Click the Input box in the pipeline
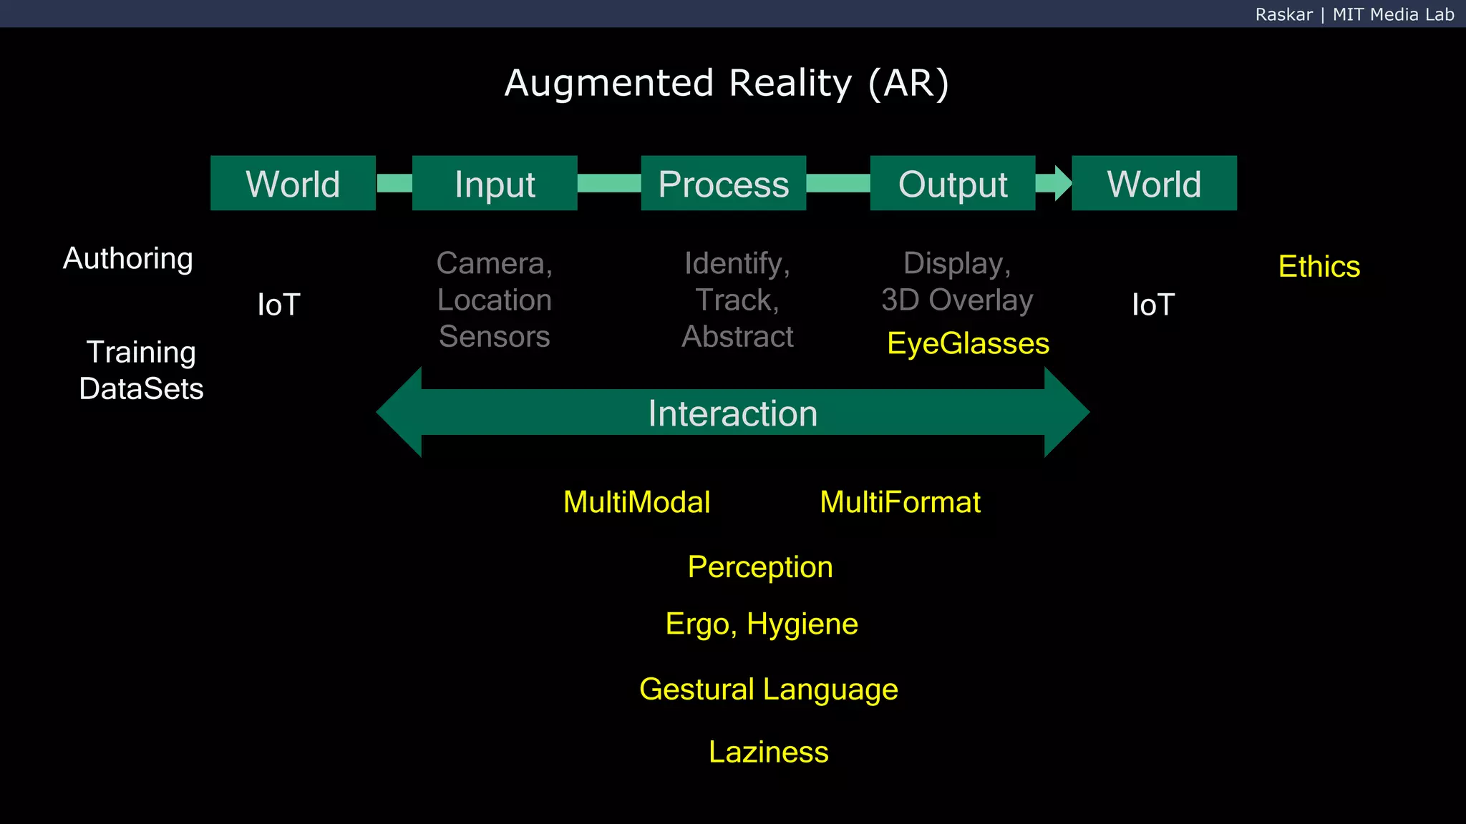click(x=495, y=183)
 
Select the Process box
click(x=723, y=183)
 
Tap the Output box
click(x=952, y=183)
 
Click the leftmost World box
click(x=293, y=183)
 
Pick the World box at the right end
click(x=1154, y=183)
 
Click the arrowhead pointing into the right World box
click(x=1062, y=183)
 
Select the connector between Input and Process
click(x=608, y=183)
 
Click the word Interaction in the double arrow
click(x=732, y=413)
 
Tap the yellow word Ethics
click(x=1319, y=267)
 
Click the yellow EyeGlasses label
click(x=968, y=343)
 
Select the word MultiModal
click(x=636, y=502)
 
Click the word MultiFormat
click(x=900, y=502)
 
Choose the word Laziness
click(x=768, y=752)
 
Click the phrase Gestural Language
click(x=768, y=690)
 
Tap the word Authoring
click(x=128, y=259)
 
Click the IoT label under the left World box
click(x=278, y=305)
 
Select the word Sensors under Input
click(x=494, y=336)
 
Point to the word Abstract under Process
click(x=737, y=336)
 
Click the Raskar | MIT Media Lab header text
click(x=1354, y=14)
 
